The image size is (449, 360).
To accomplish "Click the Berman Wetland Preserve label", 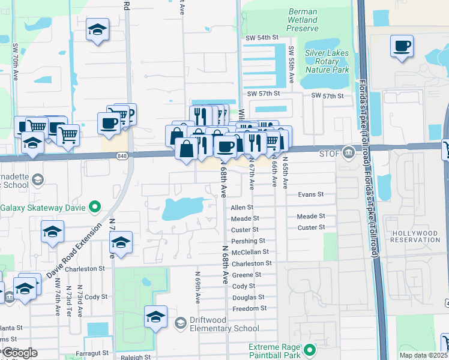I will (303, 20).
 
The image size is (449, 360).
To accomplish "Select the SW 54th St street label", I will (262, 37).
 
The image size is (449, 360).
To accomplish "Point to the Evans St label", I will (311, 194).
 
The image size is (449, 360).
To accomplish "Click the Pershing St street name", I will (248, 241).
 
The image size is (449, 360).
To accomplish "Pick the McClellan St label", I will (250, 252).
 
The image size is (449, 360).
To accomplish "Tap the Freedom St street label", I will (249, 308).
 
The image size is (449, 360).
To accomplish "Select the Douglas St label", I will (248, 297).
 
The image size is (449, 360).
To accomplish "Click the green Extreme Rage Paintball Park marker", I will (310, 349).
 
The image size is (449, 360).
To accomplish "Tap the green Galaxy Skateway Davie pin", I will (94, 208).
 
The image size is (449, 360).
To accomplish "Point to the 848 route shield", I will (122, 156).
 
